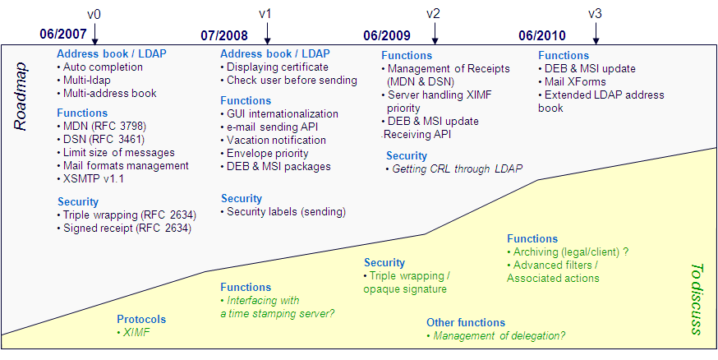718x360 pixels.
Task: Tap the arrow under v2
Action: (x=433, y=34)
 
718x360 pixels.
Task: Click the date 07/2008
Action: (x=224, y=35)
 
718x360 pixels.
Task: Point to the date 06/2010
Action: (x=542, y=35)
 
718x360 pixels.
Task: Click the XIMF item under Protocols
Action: (x=132, y=332)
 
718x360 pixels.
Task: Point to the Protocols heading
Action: (x=140, y=319)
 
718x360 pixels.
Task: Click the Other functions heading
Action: (x=465, y=323)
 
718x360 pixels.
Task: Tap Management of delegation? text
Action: (x=498, y=336)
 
